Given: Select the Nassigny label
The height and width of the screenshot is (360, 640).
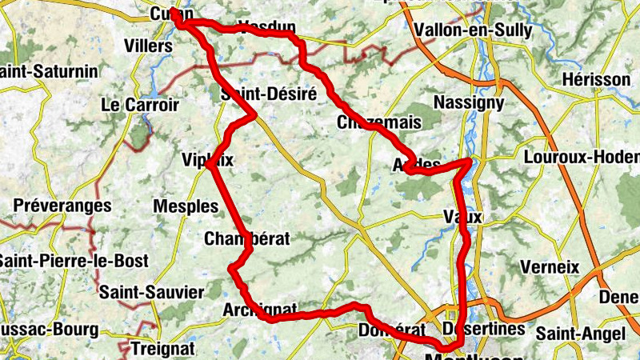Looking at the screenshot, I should pyautogui.click(x=468, y=102).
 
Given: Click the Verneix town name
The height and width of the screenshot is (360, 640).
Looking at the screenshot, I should pyautogui.click(x=549, y=267).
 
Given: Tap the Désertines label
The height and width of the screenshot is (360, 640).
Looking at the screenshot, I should pyautogui.click(x=483, y=329).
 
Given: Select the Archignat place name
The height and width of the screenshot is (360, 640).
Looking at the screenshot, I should pyautogui.click(x=261, y=310).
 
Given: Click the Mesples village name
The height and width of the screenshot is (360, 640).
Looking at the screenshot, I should pyautogui.click(x=186, y=206).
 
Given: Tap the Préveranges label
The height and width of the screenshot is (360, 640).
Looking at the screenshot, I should pyautogui.click(x=62, y=206).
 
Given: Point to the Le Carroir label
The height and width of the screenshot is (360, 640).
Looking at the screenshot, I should pyautogui.click(x=140, y=105).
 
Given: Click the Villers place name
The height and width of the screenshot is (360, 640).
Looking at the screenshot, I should pyautogui.click(x=149, y=46).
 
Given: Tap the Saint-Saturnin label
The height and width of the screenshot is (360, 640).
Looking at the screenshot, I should pyautogui.click(x=50, y=71).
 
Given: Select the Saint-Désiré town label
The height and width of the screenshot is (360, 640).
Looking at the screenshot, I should pyautogui.click(x=268, y=94).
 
